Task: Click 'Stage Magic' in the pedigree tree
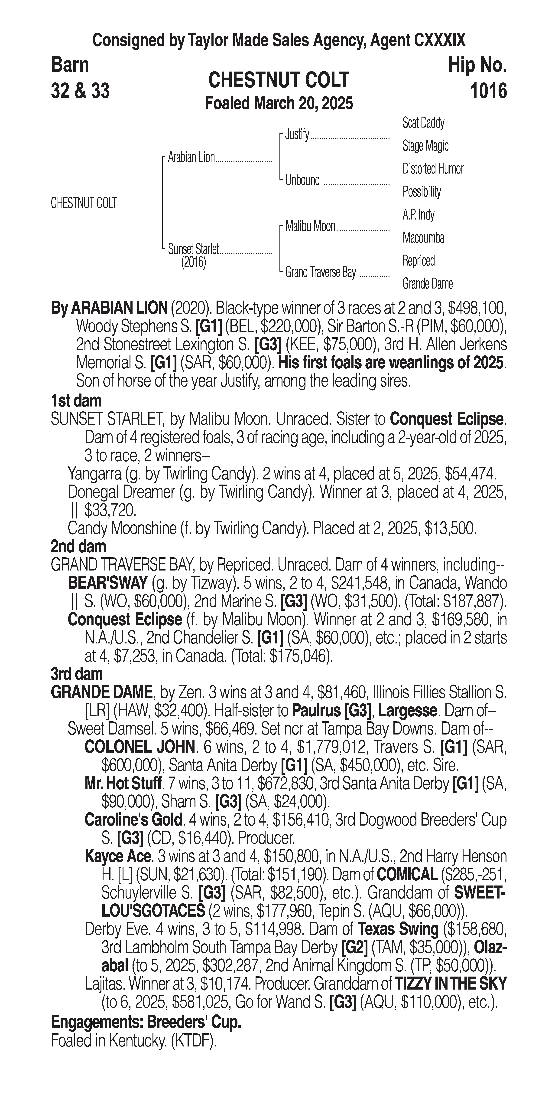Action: [425, 146]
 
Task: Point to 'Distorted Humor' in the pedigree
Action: [433, 169]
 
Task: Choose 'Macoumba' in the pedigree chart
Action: [423, 238]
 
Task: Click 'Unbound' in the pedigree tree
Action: [302, 180]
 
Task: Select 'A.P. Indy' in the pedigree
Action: [418, 215]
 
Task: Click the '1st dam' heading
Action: [76, 401]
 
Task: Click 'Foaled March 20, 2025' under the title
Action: [279, 103]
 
